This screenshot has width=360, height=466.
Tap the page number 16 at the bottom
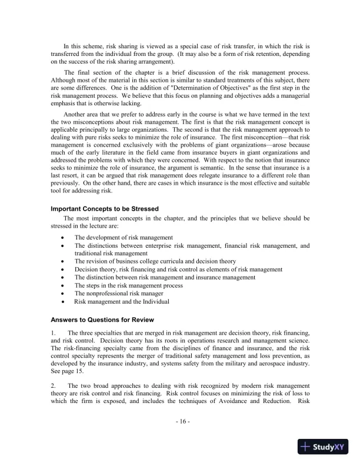(180, 422)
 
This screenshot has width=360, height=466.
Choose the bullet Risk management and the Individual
(122, 301)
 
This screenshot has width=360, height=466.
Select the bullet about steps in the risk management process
(128, 285)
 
